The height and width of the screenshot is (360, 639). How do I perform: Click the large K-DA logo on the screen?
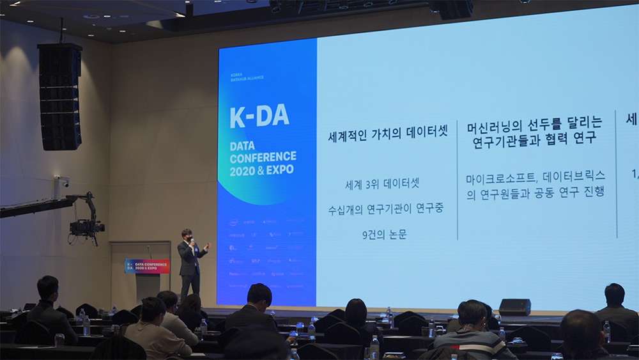pos(259,116)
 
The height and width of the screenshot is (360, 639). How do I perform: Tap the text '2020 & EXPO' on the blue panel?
pos(262,169)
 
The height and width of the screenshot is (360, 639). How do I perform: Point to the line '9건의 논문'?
pos(384,234)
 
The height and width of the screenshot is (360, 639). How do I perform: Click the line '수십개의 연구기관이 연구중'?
pos(385,209)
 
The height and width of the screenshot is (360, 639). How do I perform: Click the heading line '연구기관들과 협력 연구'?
pos(534,139)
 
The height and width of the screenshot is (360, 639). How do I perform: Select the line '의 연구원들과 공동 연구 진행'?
pos(535,192)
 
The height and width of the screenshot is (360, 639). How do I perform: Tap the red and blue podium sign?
pos(148,266)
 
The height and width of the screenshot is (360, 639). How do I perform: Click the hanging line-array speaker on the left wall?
pos(60,96)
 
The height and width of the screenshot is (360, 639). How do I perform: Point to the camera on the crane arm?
pos(87,226)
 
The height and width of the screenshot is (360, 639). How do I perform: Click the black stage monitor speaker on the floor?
pos(514,307)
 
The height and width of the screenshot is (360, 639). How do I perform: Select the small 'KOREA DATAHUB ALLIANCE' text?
pos(247,77)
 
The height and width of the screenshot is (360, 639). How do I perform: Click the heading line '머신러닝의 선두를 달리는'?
pos(534,123)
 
